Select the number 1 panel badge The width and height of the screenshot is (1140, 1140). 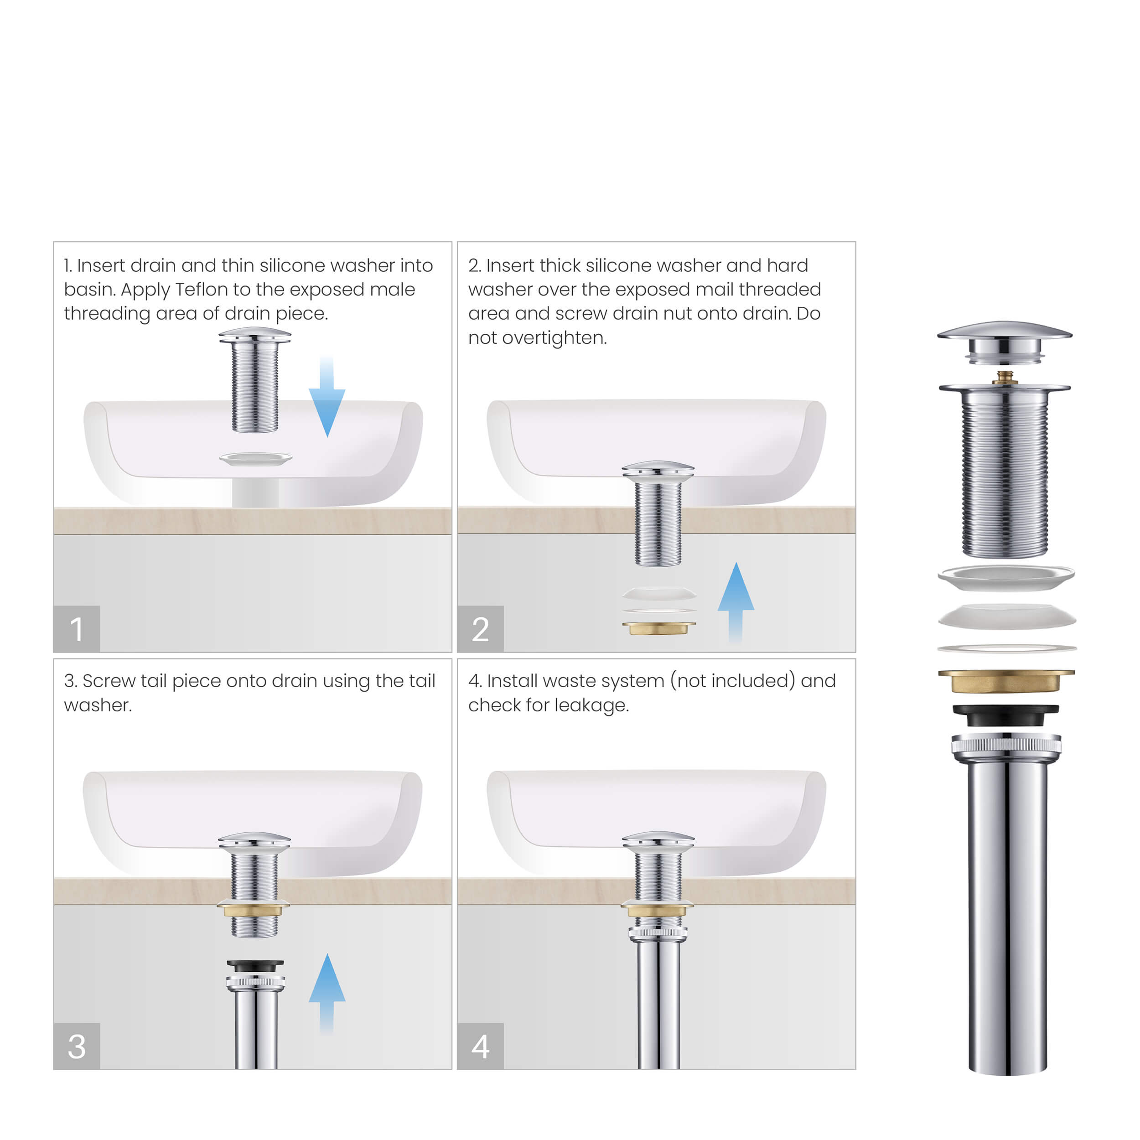[77, 628]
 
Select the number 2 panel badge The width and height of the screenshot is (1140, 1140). [480, 628]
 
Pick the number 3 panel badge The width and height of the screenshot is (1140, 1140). [77, 1046]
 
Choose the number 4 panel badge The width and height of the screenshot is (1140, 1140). [480, 1046]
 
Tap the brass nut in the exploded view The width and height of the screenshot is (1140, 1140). [1006, 680]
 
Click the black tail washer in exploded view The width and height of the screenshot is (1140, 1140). [1006, 715]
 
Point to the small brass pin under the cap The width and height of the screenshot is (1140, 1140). [1005, 377]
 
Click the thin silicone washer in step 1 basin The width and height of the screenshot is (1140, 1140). [255, 458]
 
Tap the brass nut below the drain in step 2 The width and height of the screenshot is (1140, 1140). [658, 628]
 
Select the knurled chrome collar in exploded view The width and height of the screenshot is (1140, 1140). [1006, 745]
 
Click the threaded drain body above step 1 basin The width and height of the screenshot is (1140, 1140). [255, 383]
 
